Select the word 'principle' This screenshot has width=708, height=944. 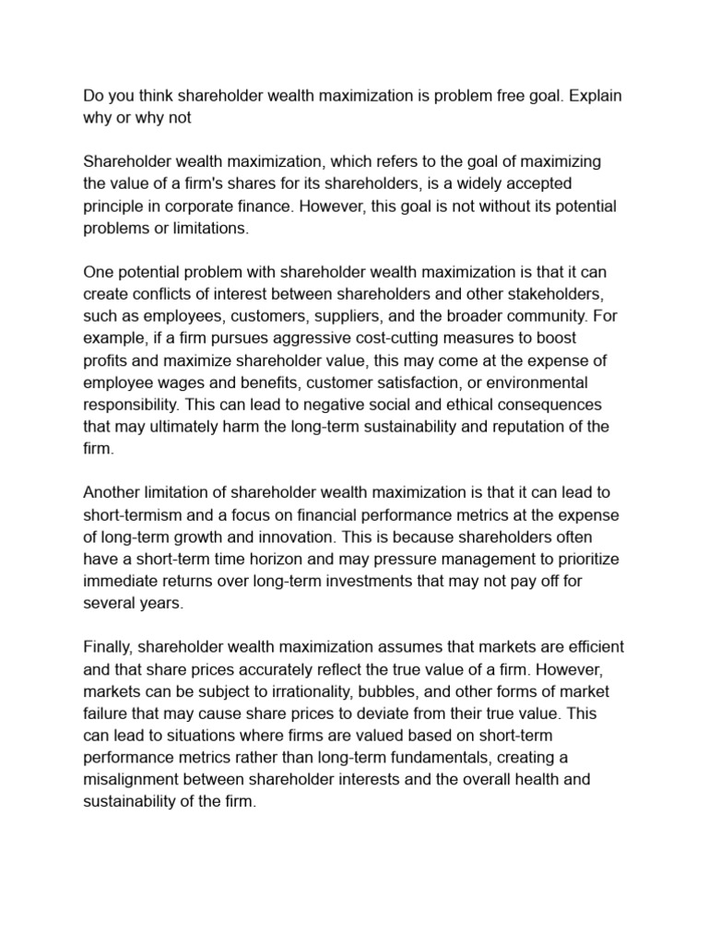[x=117, y=206]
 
